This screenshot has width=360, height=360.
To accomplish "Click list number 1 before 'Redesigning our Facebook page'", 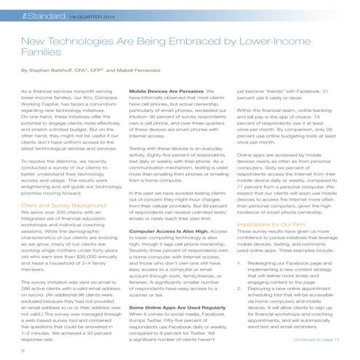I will [x=240, y=283].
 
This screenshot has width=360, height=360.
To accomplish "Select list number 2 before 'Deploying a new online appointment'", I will [x=240, y=308].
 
